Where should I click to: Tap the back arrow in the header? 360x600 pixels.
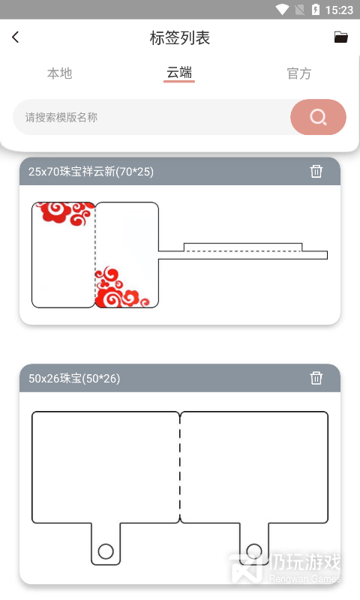15,37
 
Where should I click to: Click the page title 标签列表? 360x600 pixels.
180,38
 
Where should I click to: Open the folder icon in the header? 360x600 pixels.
340,37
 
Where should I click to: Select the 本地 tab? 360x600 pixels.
60,73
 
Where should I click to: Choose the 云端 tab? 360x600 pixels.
179,72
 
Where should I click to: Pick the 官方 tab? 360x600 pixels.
299,73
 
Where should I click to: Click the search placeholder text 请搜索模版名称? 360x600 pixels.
61,117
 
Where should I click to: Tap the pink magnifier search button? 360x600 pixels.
318,117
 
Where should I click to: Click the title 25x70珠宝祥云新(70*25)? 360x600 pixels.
91,172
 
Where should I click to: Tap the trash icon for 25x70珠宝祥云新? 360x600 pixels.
316,171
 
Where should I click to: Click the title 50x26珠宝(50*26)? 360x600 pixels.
74,379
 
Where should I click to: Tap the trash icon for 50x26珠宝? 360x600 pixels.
316,378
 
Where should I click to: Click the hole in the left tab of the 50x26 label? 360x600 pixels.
106,551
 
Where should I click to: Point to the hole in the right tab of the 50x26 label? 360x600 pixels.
254,551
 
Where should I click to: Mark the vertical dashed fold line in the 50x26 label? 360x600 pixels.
180,467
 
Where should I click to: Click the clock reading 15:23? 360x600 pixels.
339,10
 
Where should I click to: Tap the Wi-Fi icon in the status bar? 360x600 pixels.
282,9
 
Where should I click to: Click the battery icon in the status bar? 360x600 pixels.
316,9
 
